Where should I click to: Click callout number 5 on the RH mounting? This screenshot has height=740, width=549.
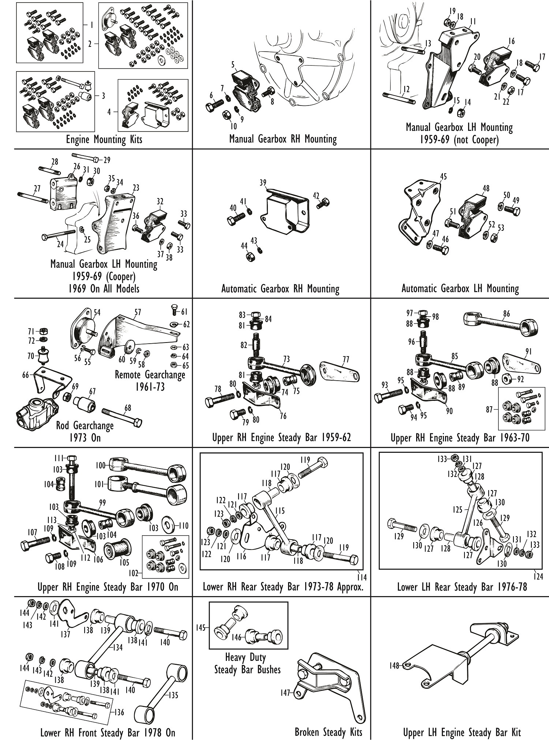pos(233,65)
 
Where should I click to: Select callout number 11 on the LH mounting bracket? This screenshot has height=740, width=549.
pos(473,21)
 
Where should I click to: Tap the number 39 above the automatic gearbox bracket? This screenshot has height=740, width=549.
pos(263,183)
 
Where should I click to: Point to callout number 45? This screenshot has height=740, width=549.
pos(443,177)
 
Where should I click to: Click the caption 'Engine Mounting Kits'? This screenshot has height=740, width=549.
pos(104,140)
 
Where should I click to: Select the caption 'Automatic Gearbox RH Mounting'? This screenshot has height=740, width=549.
pos(280,289)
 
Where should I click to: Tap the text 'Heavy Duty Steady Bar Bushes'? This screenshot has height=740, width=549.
pos(247,663)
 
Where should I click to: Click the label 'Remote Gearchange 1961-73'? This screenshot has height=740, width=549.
pos(150,380)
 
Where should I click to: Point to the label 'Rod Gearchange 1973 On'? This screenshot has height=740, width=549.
pos(85,432)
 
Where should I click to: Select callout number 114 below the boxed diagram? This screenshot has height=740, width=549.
pos(362,578)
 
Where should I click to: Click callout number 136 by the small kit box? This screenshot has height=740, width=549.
pos(119,712)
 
